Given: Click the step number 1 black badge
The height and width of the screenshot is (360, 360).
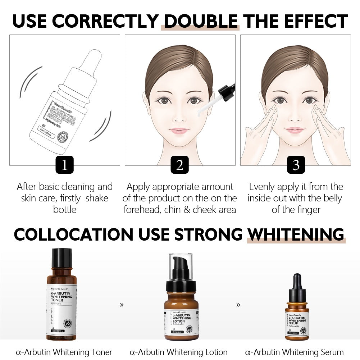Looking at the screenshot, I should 65,165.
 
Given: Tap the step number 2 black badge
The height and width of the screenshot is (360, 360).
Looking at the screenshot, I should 180,165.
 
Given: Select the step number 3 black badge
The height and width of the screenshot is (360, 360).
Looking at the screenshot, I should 296,165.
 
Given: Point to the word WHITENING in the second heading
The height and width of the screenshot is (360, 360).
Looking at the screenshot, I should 296,234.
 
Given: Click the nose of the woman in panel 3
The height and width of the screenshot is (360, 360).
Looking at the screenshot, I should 295,117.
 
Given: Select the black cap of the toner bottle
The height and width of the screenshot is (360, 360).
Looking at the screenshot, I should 61,258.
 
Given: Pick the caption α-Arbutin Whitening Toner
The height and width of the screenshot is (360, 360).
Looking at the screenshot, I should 64,352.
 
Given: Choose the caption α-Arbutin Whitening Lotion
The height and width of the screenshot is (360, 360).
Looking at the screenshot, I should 179,352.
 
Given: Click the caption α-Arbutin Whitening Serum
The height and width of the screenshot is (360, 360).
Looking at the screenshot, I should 294,352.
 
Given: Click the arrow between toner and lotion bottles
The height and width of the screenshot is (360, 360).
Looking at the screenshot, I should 122,305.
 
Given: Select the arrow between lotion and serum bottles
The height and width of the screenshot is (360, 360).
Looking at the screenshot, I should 238,305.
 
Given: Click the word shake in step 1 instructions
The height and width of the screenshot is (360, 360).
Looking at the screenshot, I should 97,198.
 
